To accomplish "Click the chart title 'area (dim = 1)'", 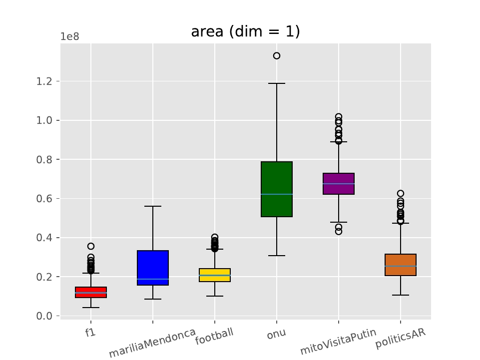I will click(x=245, y=32).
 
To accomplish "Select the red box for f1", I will click(x=91, y=292).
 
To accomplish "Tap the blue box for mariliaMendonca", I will click(x=153, y=268).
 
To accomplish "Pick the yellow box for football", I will click(x=215, y=275).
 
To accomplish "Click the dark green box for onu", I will click(x=277, y=189).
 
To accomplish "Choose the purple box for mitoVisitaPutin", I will click(x=339, y=183).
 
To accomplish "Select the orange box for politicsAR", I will click(x=401, y=265).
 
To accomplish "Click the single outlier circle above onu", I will click(x=277, y=56).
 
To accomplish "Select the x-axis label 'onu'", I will click(x=276, y=334).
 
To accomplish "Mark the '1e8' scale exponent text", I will click(x=69, y=37).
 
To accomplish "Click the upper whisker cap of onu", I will click(x=277, y=83).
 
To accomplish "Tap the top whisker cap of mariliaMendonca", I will click(x=153, y=206).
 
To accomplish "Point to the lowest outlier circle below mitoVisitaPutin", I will click(x=339, y=232).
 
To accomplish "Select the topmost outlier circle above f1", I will click(x=91, y=246).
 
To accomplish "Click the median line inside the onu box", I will click(x=277, y=194).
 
